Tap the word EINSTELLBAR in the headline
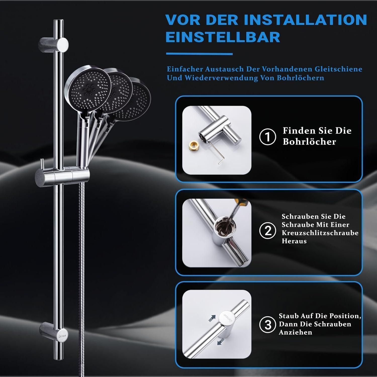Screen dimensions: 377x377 (x=223, y=37)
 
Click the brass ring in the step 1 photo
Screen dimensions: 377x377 (x=193, y=145)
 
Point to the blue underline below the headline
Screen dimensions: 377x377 (x=199, y=54)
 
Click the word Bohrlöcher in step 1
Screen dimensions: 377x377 (x=309, y=142)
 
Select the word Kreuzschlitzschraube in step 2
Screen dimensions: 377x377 (x=320, y=233)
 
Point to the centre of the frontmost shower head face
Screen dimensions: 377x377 (x=88, y=89)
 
